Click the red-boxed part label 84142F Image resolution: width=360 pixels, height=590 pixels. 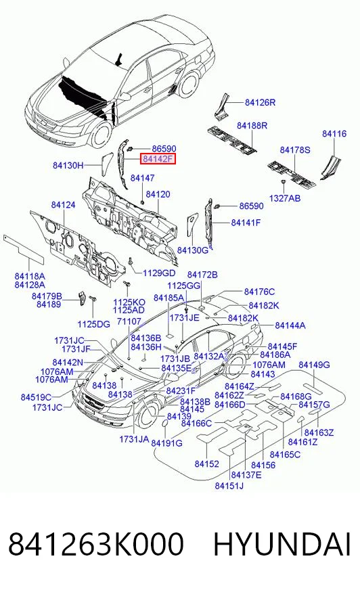pyautogui.click(x=158, y=159)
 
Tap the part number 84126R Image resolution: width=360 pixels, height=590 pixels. pyautogui.click(x=261, y=102)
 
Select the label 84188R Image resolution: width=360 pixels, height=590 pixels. pyautogui.click(x=252, y=125)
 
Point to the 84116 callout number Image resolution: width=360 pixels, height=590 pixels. pyautogui.click(x=334, y=133)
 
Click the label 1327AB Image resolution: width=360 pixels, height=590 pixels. pyautogui.click(x=285, y=198)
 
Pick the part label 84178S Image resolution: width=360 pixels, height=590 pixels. pyautogui.click(x=295, y=150)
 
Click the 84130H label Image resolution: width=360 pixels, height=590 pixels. pyautogui.click(x=68, y=165)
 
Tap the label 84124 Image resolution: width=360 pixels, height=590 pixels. pyautogui.click(x=63, y=205)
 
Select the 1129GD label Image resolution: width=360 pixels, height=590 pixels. pyautogui.click(x=159, y=273)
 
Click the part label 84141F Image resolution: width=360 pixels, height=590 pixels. pyautogui.click(x=246, y=223)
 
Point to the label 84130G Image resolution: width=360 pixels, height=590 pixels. pyautogui.click(x=193, y=250)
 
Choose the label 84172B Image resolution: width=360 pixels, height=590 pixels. pyautogui.click(x=202, y=275)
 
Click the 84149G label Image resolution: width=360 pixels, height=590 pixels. pyautogui.click(x=314, y=365)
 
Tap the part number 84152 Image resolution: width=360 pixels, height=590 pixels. pyautogui.click(x=206, y=464)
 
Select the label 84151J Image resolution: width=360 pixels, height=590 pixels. pyautogui.click(x=229, y=486)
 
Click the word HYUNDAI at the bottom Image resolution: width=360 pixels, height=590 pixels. pyautogui.click(x=282, y=544)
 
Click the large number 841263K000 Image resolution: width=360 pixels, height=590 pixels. pyautogui.click(x=96, y=544)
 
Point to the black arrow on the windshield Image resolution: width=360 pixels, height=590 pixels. pyautogui.click(x=118, y=60)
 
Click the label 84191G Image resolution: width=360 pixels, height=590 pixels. pyautogui.click(x=166, y=443)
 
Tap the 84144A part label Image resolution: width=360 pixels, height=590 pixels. pyautogui.click(x=290, y=325)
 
